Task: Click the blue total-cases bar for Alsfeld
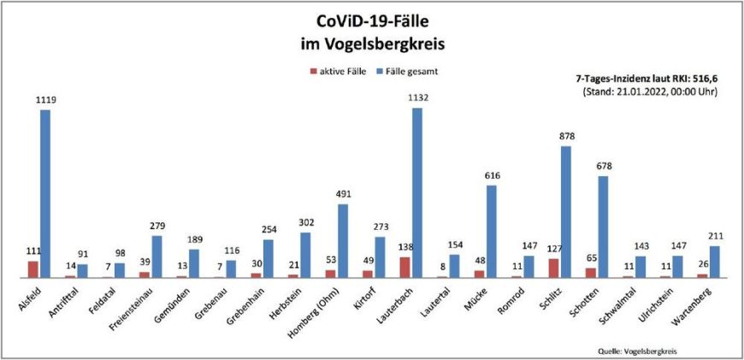coord(45,193)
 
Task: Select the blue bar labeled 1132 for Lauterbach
coord(417,192)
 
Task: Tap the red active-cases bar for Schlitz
coord(554,268)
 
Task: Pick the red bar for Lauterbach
coord(405,267)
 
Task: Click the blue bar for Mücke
coord(492,231)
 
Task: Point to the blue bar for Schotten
coord(603,227)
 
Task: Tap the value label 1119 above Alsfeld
coord(45,100)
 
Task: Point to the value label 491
coord(343,194)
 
